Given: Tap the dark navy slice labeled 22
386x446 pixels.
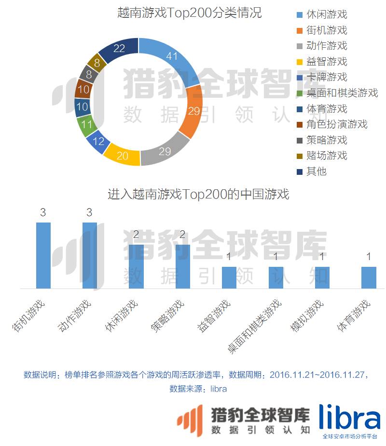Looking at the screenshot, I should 119,49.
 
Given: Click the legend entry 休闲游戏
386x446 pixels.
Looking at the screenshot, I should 327,14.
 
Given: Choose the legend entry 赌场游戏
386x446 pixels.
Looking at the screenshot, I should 327,156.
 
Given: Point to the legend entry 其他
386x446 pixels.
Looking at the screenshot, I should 317,171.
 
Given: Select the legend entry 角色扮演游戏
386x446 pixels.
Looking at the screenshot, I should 337,124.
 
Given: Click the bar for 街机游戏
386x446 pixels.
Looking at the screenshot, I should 43,255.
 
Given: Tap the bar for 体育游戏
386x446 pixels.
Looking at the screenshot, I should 369,277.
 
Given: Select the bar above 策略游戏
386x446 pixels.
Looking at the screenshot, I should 183,266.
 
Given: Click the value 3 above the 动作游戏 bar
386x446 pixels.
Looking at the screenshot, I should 89,213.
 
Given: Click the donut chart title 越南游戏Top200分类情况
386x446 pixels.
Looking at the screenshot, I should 190,13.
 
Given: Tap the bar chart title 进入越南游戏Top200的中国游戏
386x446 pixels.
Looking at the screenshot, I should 198,195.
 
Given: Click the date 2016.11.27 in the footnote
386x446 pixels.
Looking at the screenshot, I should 345,375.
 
